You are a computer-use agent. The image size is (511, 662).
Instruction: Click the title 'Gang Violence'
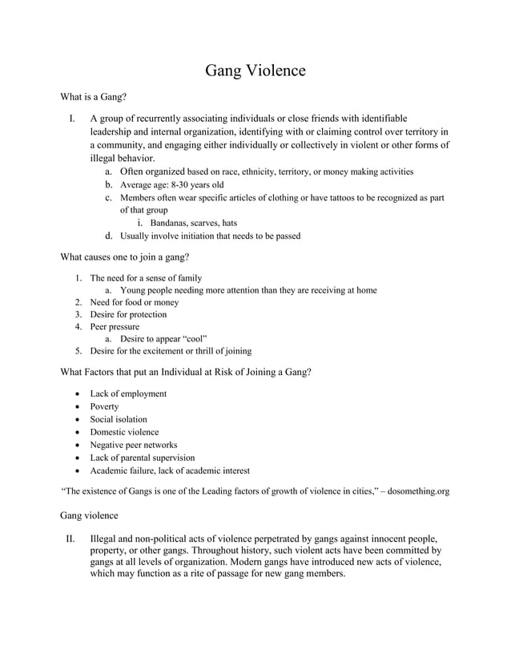point(255,71)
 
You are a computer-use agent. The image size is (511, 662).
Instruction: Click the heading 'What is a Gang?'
point(94,98)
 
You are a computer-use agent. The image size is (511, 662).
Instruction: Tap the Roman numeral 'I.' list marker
point(72,119)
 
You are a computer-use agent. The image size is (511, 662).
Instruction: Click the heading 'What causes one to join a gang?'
point(125,257)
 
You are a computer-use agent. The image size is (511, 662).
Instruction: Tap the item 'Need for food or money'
point(134,302)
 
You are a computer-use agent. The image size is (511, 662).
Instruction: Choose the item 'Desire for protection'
point(128,314)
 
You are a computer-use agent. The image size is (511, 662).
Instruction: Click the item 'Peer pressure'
point(115,326)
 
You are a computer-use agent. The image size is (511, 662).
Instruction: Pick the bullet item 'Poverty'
point(104,406)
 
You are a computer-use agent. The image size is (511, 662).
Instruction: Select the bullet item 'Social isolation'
point(119,419)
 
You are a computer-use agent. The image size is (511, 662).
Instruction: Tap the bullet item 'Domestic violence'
point(124,432)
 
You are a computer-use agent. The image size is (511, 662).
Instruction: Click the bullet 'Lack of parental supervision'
point(142,458)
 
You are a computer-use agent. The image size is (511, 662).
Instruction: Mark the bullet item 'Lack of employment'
point(128,394)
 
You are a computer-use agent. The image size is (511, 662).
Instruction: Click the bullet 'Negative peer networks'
point(133,445)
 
